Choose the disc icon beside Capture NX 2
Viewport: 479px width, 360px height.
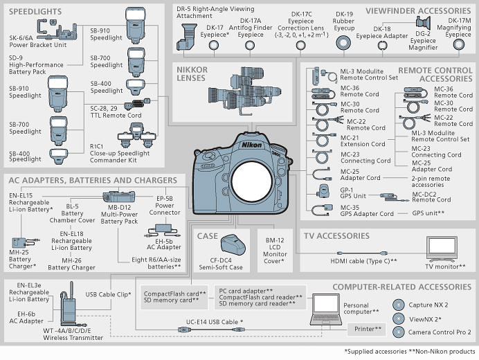[x=398, y=305]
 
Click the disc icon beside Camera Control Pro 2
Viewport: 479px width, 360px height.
[x=398, y=332]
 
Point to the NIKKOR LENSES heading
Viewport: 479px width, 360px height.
[x=192, y=75]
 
